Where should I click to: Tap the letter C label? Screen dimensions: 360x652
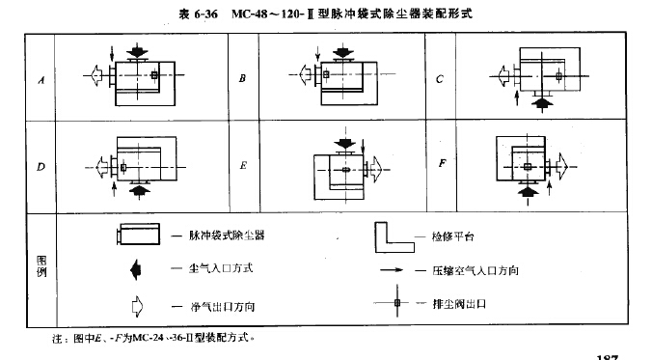[440, 79]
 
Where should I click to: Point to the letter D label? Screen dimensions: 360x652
[41, 166]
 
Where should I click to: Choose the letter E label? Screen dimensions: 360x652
[243, 166]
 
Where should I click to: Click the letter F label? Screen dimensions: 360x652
[441, 163]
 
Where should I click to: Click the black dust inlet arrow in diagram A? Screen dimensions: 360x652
[139, 48]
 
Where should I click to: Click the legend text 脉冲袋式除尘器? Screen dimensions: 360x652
[227, 235]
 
